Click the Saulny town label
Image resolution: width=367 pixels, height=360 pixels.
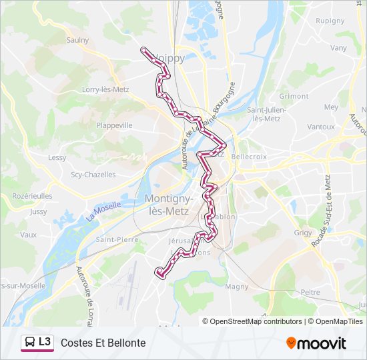click(x=77, y=40)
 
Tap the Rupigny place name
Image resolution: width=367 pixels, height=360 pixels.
click(x=330, y=20)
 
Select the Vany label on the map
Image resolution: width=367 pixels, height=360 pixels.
click(x=339, y=48)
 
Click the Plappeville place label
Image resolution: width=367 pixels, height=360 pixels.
click(x=114, y=125)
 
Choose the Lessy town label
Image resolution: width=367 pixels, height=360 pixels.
click(x=57, y=157)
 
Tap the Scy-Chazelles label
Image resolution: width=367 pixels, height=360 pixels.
click(x=93, y=175)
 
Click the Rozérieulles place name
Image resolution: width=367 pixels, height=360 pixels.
click(x=32, y=196)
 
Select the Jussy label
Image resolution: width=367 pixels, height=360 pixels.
click(x=38, y=211)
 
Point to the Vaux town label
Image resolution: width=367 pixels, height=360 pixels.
click(x=28, y=235)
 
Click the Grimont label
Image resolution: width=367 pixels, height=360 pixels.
click(x=294, y=96)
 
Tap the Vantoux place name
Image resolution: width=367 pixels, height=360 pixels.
click(x=321, y=127)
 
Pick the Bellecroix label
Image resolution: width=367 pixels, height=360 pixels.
click(x=248, y=156)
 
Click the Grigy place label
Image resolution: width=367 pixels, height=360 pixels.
click(x=304, y=233)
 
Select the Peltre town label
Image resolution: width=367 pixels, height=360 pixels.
click(x=310, y=292)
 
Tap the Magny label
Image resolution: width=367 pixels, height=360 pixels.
click(x=238, y=287)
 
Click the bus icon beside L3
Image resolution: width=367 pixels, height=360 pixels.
click(x=29, y=343)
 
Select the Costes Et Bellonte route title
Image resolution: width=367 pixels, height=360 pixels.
click(x=103, y=343)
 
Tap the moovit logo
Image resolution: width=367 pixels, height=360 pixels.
click(x=316, y=343)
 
